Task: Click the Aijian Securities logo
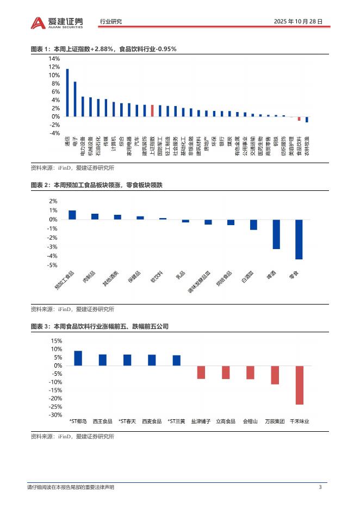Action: point(57,22)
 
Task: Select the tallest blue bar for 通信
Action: point(67,92)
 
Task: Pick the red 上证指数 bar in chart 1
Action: point(152,110)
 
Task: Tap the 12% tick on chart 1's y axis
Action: point(54,67)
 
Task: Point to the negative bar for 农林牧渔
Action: point(307,119)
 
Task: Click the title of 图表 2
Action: point(97,185)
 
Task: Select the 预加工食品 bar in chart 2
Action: point(72,215)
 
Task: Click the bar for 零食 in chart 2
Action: point(299,239)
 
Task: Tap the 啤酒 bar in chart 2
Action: point(276,234)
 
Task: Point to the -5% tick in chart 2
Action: point(53,265)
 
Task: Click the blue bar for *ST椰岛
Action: point(78,358)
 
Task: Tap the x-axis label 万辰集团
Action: point(275,421)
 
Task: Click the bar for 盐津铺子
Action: point(201,372)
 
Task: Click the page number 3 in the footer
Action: point(320,487)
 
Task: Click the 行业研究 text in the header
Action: point(111,22)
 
